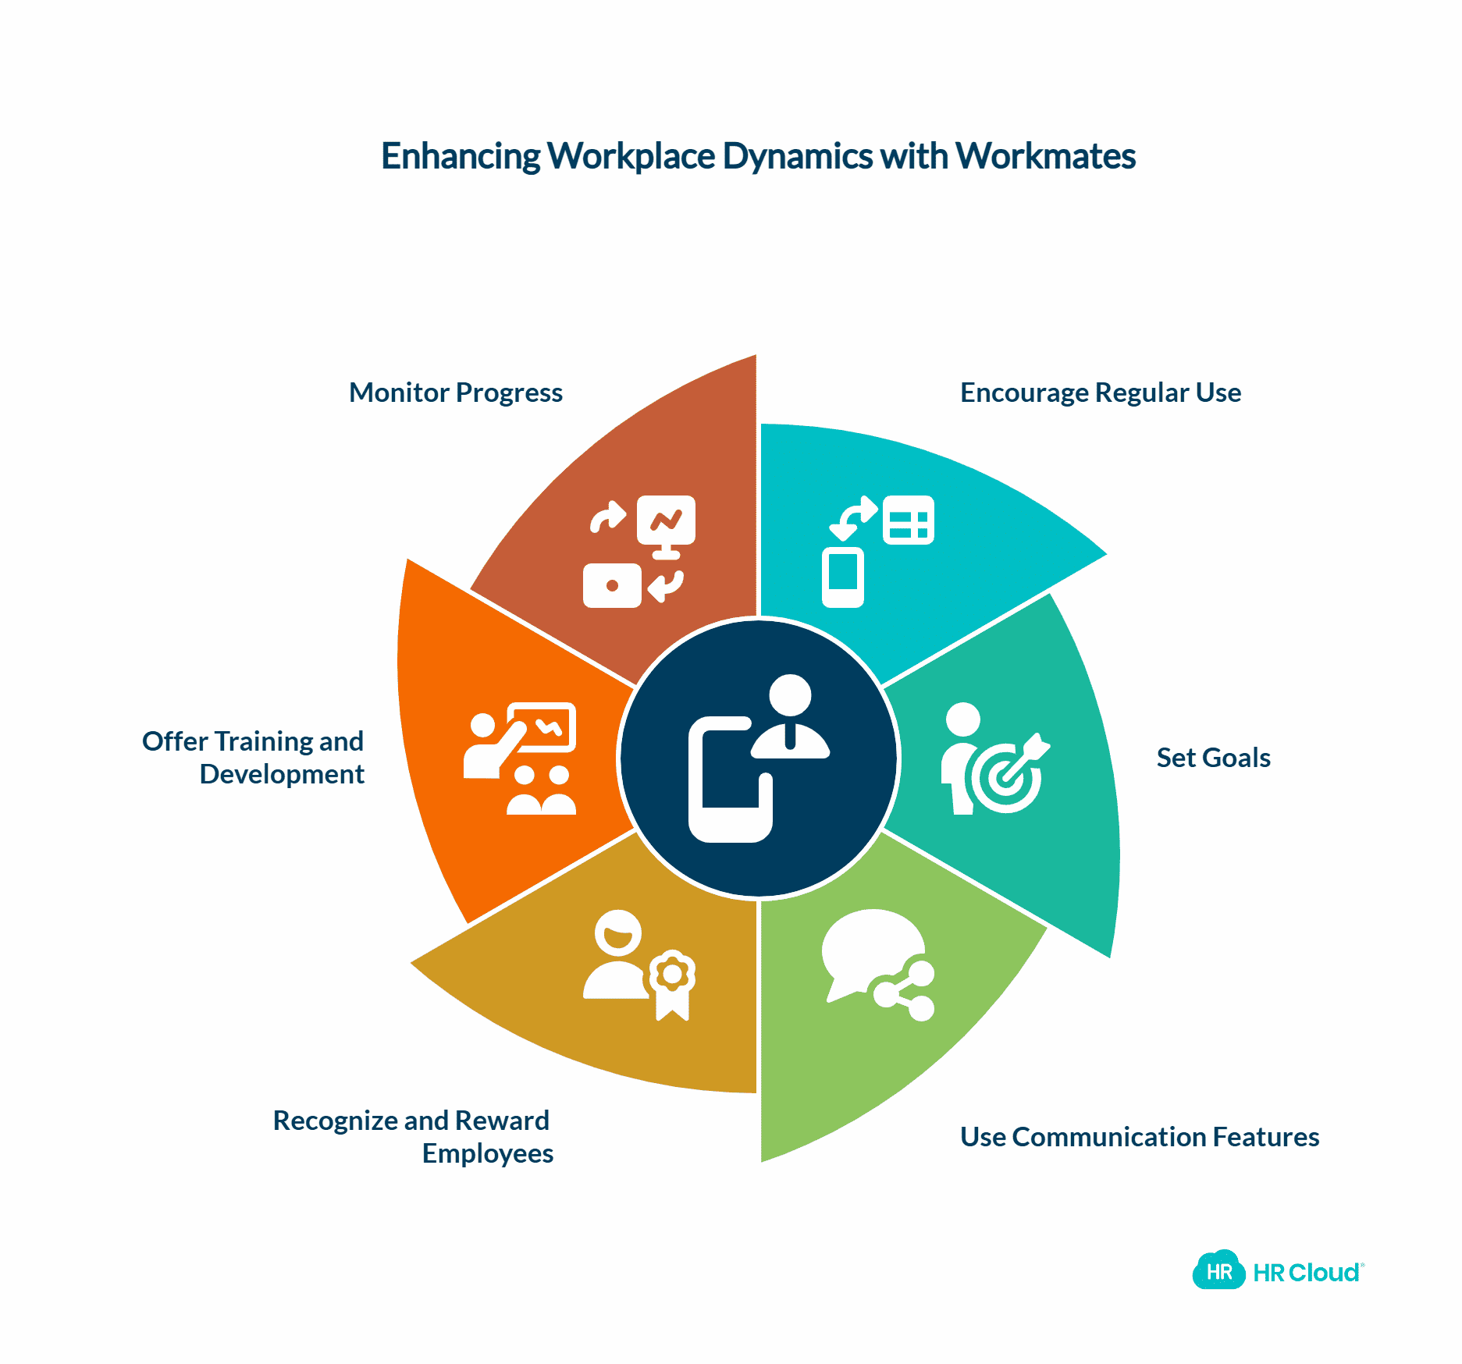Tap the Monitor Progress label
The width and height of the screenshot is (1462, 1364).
(x=455, y=393)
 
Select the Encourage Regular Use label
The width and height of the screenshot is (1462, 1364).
(x=1100, y=393)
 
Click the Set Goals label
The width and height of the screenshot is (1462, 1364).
(x=1213, y=758)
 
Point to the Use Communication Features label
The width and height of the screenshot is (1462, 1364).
(x=1139, y=1137)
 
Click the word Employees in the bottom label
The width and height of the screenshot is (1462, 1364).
(x=488, y=1153)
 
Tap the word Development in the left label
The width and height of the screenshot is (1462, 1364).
(x=282, y=774)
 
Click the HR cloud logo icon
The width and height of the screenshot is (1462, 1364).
(x=1218, y=1272)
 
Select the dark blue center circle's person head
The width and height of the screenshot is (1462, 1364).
(x=790, y=694)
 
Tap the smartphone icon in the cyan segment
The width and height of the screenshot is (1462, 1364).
(x=842, y=576)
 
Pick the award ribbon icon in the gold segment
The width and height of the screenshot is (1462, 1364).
(x=672, y=983)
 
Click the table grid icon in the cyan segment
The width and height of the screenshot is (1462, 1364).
(x=908, y=520)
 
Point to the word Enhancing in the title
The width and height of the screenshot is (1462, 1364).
(x=461, y=156)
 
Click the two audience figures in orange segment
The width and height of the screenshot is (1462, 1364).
(x=541, y=790)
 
